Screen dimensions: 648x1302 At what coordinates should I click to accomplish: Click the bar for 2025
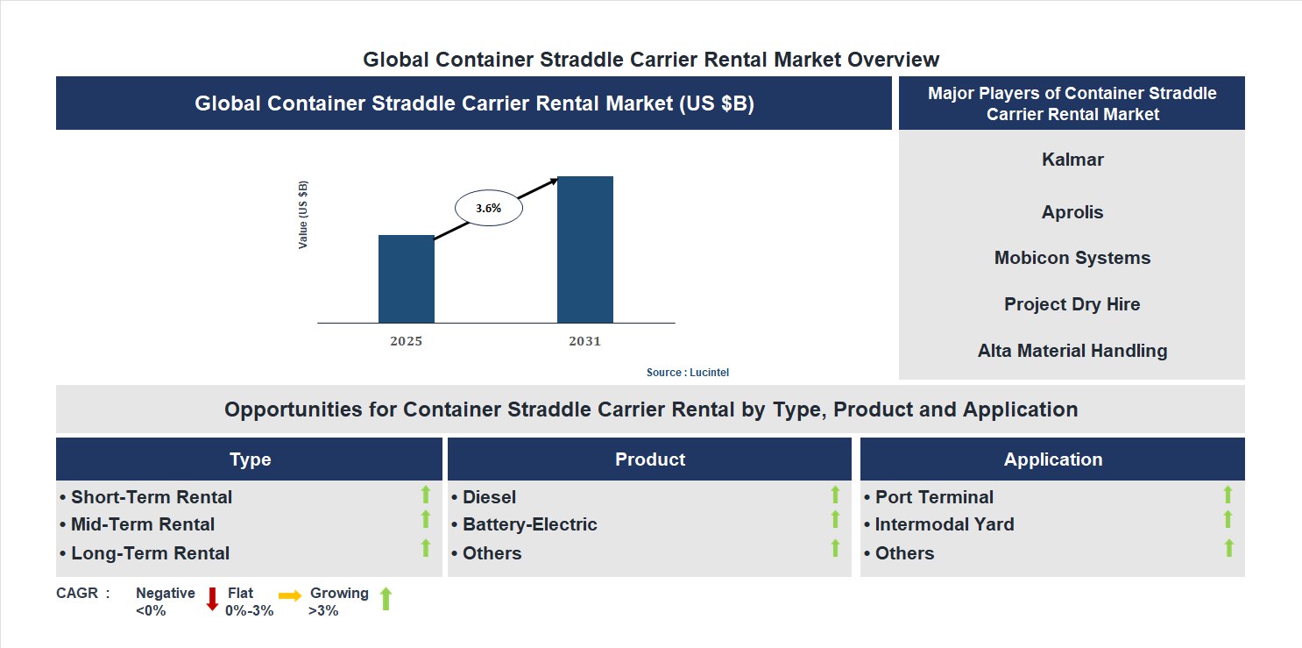pos(406,279)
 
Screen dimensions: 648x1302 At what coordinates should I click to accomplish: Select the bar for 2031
pos(584,250)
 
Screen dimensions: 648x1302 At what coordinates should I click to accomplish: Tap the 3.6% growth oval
pos(488,209)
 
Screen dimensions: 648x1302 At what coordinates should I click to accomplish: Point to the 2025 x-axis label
pos(406,341)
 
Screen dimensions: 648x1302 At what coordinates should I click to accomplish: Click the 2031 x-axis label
pos(584,341)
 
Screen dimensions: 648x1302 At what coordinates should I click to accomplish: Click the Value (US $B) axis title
pos(303,215)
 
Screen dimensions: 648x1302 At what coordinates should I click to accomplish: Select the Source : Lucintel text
pos(687,373)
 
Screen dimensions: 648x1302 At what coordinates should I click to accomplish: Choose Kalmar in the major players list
pos(1072,160)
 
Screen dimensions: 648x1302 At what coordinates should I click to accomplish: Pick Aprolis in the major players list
pos(1072,212)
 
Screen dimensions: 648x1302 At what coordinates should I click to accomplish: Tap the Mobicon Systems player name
pos(1072,258)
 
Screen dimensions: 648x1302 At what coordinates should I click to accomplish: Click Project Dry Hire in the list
pos(1072,304)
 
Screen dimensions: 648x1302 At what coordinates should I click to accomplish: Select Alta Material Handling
pos(1072,351)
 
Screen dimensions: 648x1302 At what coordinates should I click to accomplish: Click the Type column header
pos(250,459)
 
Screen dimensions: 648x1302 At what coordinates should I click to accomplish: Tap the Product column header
pos(649,459)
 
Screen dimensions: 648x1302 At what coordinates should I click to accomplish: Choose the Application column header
pos(1052,459)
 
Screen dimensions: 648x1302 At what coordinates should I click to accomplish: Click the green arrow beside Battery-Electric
pos(835,520)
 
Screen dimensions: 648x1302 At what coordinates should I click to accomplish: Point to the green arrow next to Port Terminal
pos(1228,495)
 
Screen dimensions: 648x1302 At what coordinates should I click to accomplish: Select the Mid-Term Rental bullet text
pos(143,524)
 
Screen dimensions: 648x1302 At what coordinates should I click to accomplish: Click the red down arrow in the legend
pos(212,600)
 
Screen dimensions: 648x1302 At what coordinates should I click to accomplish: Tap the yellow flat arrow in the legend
pos(290,595)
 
